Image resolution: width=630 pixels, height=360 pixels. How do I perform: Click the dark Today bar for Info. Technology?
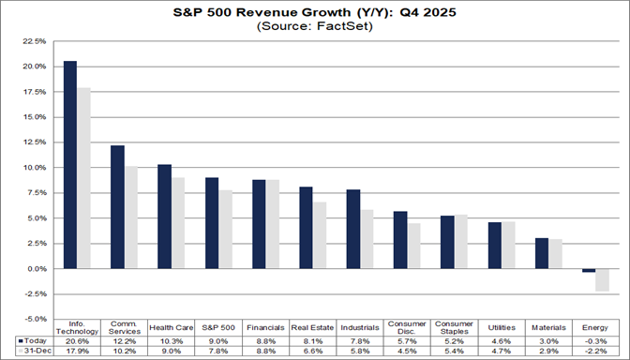pos(70,165)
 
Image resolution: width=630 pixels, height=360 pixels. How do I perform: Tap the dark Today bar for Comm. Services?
pos(117,207)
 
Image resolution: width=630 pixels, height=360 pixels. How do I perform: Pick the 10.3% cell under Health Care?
pos(171,339)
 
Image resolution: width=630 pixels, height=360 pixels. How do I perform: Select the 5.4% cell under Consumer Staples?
pos(454,350)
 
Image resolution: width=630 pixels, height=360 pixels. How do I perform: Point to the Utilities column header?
pos(501,326)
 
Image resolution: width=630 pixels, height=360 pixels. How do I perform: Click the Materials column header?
pos(547,326)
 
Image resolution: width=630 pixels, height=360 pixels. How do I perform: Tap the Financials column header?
pos(265,326)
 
